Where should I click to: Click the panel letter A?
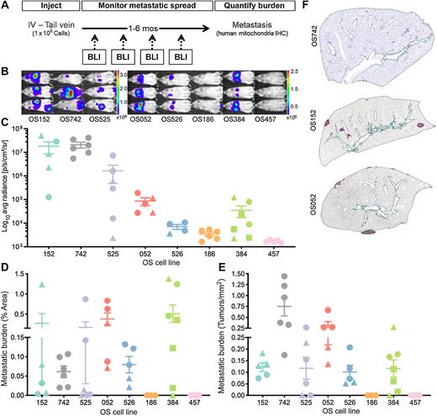coord(5,6)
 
